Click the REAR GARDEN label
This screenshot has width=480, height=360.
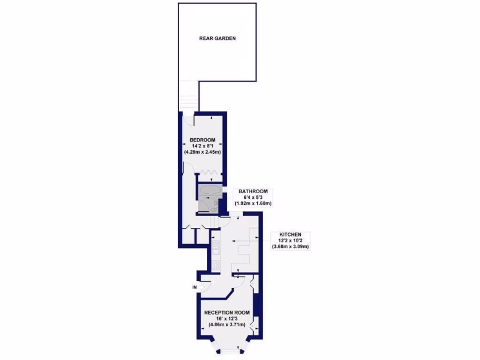(217, 38)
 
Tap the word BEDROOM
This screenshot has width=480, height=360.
(202, 140)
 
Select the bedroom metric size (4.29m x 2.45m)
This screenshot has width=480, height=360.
(202, 152)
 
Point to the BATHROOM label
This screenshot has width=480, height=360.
(253, 191)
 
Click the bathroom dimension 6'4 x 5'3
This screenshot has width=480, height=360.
(253, 197)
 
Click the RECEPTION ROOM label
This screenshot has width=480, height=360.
(226, 312)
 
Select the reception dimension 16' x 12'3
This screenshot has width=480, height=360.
(226, 318)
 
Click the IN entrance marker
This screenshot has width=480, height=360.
(194, 287)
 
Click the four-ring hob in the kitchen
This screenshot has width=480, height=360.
(216, 265)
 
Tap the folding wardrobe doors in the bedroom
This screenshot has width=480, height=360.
(209, 172)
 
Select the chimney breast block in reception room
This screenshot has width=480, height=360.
(256, 305)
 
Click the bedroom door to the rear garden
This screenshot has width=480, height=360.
(189, 120)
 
